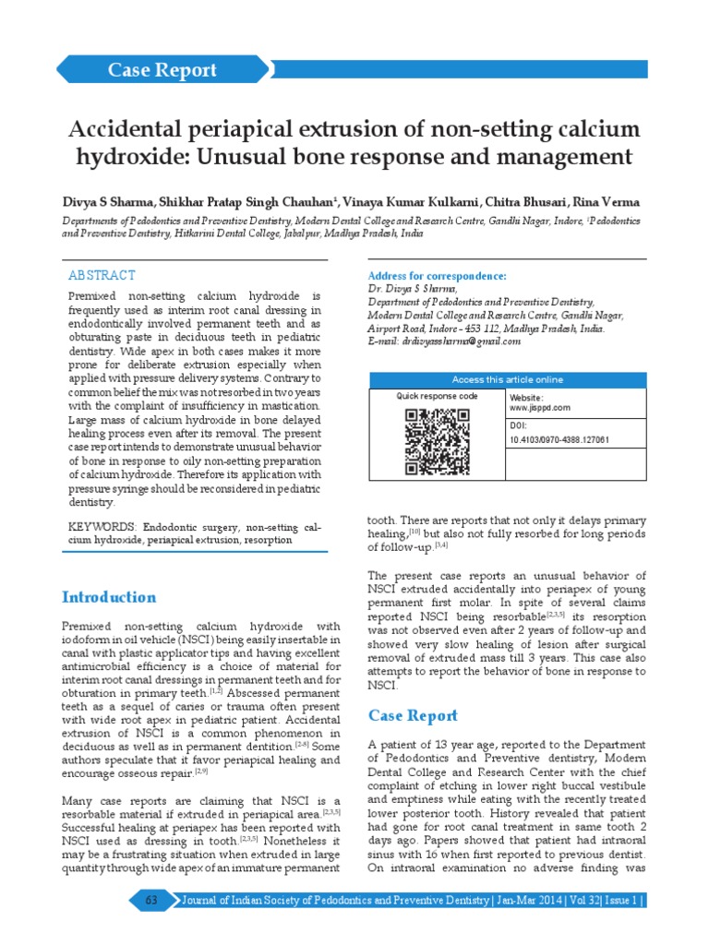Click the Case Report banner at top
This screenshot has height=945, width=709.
(162, 70)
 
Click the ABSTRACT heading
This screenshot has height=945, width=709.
(102, 275)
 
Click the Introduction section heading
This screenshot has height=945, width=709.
(108, 596)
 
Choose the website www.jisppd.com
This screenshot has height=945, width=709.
(540, 407)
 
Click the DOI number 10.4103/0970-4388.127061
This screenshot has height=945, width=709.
(559, 440)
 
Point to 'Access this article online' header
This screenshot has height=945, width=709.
(507, 379)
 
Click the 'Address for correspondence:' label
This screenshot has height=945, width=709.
(437, 276)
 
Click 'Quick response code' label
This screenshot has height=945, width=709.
(438, 396)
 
